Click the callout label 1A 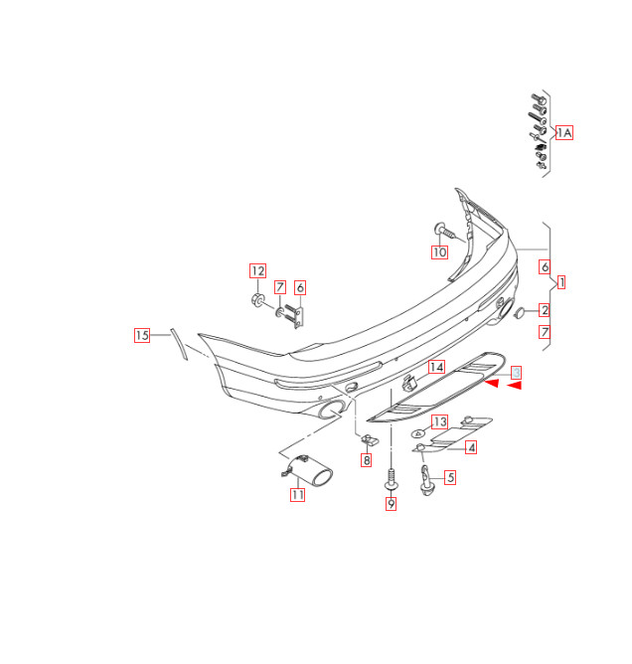tap(565, 132)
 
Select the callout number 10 tap(439, 252)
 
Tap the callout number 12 tap(257, 270)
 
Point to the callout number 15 tap(142, 336)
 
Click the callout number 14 tap(436, 367)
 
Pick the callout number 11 tap(297, 494)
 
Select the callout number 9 tap(391, 504)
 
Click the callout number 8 tap(366, 460)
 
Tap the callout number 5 tap(450, 477)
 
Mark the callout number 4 tap(471, 448)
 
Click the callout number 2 tap(545, 310)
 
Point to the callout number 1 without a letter tap(561, 282)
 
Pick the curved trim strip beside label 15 tap(177, 345)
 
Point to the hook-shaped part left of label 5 tap(426, 480)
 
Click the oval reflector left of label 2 tap(519, 312)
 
